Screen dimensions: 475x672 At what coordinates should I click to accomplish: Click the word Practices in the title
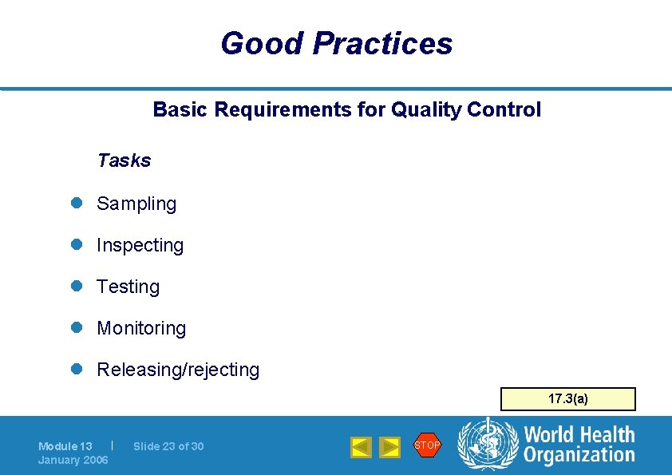pos(382,43)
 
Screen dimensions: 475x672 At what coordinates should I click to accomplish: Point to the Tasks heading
pos(124,160)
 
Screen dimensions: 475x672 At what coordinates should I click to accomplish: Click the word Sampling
pos(136,204)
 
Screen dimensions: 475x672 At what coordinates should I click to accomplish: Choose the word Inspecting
pos(140,245)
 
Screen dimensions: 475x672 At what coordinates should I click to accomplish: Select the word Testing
pos(128,287)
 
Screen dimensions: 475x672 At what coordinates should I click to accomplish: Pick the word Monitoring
pos(141,328)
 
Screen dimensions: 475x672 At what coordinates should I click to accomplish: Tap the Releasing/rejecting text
pos(178,370)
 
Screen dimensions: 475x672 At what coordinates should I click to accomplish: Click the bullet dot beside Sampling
pos(77,204)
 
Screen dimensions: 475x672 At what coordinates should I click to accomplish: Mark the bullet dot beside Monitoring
pos(77,328)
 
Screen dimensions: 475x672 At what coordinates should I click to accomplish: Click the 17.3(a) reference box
pos(567,398)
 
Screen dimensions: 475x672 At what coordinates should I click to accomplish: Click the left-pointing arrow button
pos(361,447)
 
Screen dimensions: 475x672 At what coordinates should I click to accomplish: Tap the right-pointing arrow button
pos(389,447)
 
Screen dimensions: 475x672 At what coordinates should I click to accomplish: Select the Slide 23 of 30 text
pos(168,446)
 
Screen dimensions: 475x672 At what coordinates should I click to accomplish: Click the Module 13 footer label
pos(65,446)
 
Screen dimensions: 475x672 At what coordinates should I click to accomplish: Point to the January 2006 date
pos(73,460)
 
